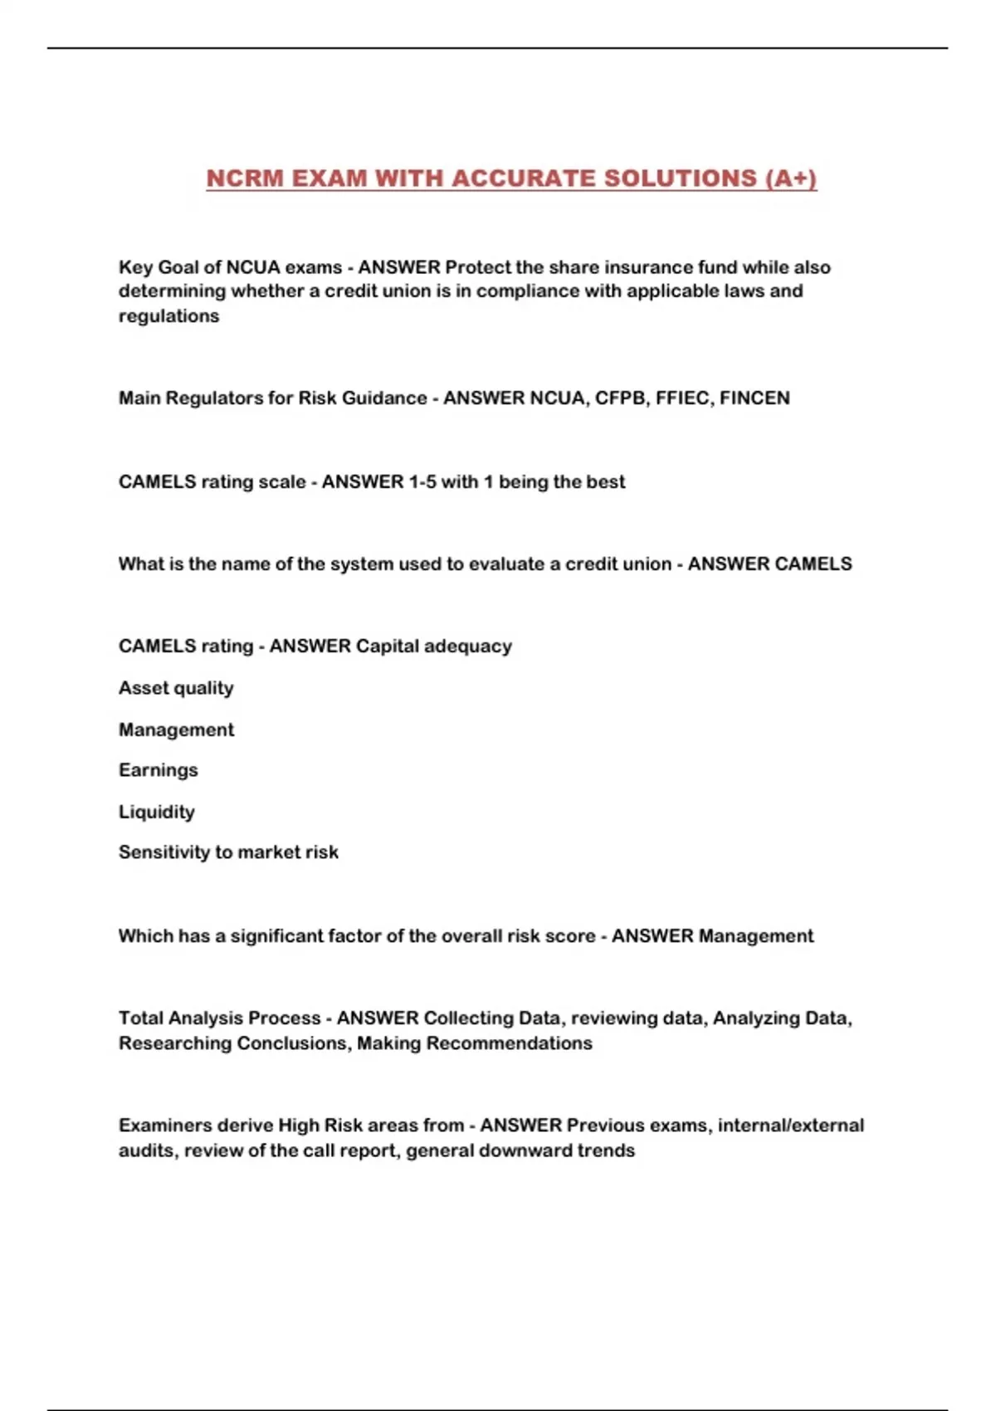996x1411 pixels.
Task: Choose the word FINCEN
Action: click(x=754, y=398)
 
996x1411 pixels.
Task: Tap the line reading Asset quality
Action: click(x=176, y=688)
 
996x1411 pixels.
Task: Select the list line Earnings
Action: click(x=158, y=770)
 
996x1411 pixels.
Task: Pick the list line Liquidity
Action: click(x=156, y=812)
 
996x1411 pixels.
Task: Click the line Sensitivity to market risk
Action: click(x=228, y=852)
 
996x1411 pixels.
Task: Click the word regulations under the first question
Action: click(x=168, y=316)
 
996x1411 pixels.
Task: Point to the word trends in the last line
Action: click(x=608, y=1151)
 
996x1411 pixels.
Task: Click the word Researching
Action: click(x=174, y=1043)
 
